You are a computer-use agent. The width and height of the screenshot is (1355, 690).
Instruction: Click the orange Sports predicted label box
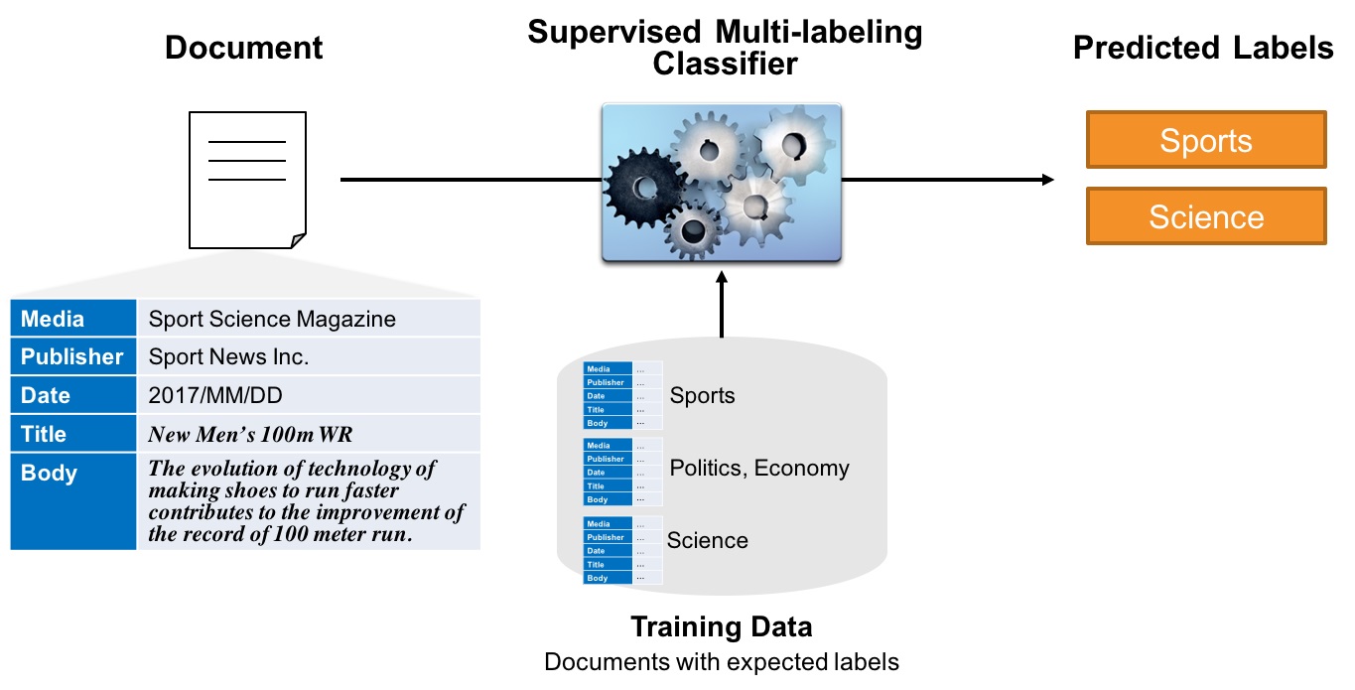(x=1206, y=140)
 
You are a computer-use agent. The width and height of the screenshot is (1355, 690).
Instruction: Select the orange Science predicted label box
(x=1206, y=216)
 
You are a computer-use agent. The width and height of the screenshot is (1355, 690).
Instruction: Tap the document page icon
(x=247, y=180)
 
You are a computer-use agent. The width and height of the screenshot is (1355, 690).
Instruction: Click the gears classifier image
(x=722, y=184)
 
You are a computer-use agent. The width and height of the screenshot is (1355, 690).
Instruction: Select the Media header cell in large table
(x=73, y=319)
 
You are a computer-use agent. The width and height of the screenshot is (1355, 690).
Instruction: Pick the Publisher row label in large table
(x=73, y=356)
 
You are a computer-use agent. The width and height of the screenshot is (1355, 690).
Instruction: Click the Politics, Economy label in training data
(x=759, y=468)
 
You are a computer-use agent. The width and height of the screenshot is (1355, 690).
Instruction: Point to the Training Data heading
(x=722, y=627)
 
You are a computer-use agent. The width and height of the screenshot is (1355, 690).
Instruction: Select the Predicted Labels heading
(x=1203, y=48)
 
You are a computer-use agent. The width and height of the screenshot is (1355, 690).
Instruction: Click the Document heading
(x=244, y=48)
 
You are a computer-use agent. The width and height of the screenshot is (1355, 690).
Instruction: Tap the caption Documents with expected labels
(x=722, y=662)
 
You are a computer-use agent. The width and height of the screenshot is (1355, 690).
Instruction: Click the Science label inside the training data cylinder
(x=708, y=540)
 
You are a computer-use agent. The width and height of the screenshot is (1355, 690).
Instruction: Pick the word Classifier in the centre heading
(x=725, y=65)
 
